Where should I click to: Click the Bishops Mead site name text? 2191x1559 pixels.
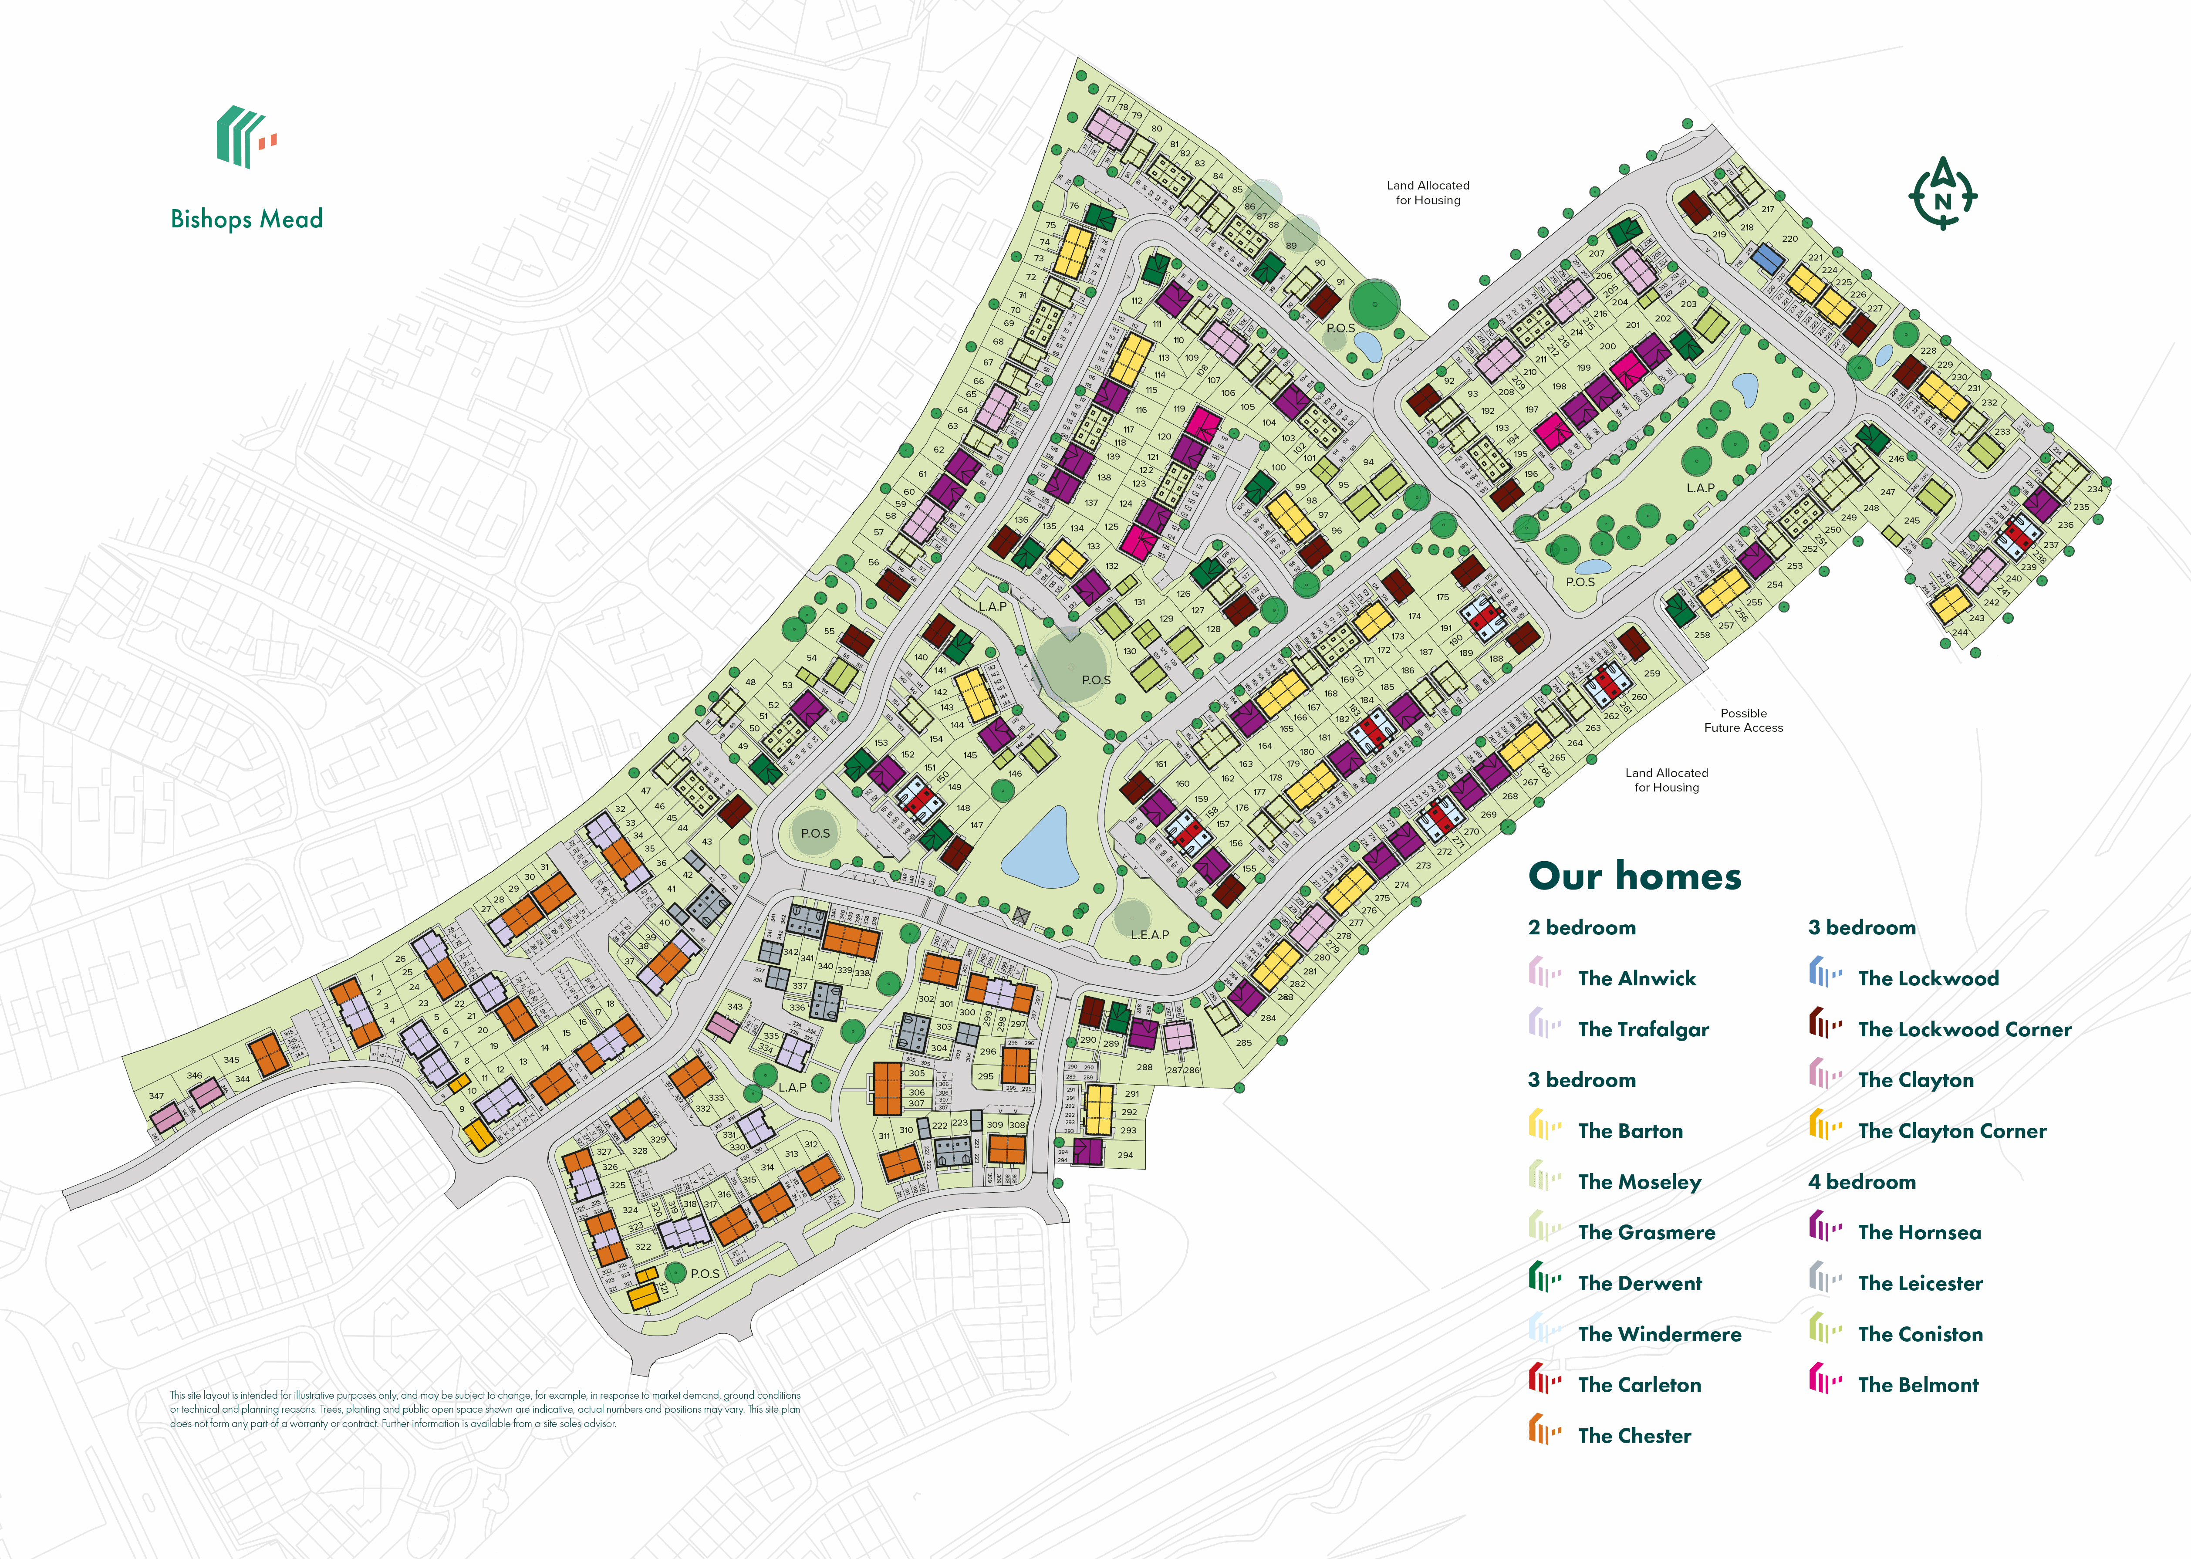click(x=246, y=219)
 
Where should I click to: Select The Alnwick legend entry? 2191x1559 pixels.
click(x=1636, y=978)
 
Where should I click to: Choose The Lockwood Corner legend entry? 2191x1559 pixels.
click(x=1964, y=1029)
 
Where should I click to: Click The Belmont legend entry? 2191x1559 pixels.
click(x=1918, y=1384)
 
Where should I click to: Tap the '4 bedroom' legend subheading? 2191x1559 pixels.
click(x=1862, y=1182)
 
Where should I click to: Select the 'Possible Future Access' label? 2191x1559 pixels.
click(x=1743, y=720)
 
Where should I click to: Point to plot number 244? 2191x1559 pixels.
click(x=1959, y=632)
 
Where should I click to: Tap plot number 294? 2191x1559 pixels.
click(x=1125, y=1155)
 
